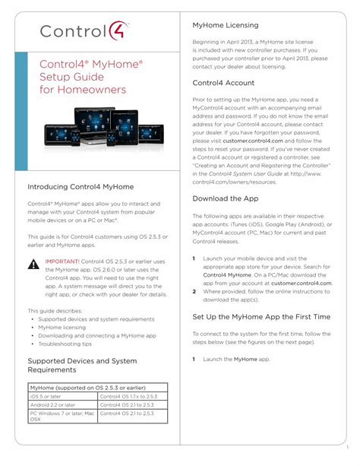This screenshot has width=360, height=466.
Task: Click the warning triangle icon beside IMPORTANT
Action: pos(33,265)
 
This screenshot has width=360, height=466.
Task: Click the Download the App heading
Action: pos(226,198)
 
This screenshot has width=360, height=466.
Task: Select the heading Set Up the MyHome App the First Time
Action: pos(261,315)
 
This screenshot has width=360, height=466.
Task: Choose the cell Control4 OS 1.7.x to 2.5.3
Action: pos(130,396)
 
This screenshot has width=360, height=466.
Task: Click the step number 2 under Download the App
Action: pos(194,291)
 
